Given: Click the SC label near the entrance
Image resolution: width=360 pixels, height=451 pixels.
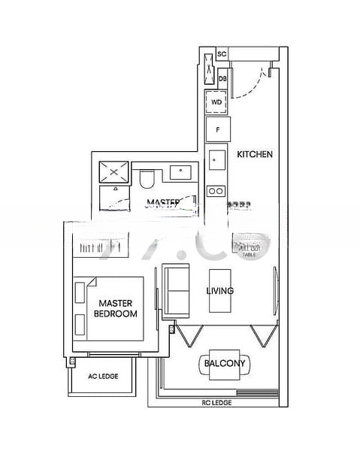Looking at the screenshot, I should pyautogui.click(x=222, y=54).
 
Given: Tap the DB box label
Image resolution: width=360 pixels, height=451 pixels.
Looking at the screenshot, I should pyautogui.click(x=222, y=77).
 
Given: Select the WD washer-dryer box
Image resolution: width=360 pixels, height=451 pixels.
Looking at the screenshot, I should pyautogui.click(x=216, y=101).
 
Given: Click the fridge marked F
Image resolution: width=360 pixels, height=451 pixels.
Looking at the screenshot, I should pyautogui.click(x=217, y=129).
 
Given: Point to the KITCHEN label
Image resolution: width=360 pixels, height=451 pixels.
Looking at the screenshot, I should pyautogui.click(x=254, y=154).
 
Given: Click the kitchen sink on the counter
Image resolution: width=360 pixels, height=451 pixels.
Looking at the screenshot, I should pyautogui.click(x=216, y=159).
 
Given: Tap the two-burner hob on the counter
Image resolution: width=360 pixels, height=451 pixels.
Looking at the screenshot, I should pyautogui.click(x=216, y=190).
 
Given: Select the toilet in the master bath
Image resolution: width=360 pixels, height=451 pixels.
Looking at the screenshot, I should pyautogui.click(x=147, y=179).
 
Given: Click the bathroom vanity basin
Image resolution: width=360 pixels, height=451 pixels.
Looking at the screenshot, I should pyautogui.click(x=180, y=172).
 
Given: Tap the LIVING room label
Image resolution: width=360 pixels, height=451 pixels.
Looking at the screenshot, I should pyautogui.click(x=220, y=291).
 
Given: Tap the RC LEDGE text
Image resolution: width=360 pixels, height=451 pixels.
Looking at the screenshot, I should pyautogui.click(x=216, y=403).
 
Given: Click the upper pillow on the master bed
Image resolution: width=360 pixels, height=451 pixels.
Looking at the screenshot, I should pyautogui.click(x=80, y=291).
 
